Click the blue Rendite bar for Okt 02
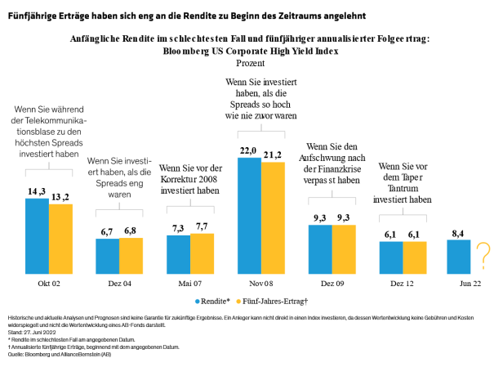(x=37, y=234)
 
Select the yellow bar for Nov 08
(x=273, y=217)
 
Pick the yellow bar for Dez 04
(x=131, y=254)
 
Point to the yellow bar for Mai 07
(x=202, y=252)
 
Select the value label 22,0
(x=249, y=150)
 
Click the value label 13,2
(x=60, y=197)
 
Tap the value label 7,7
(x=202, y=226)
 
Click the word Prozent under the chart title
(x=251, y=62)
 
